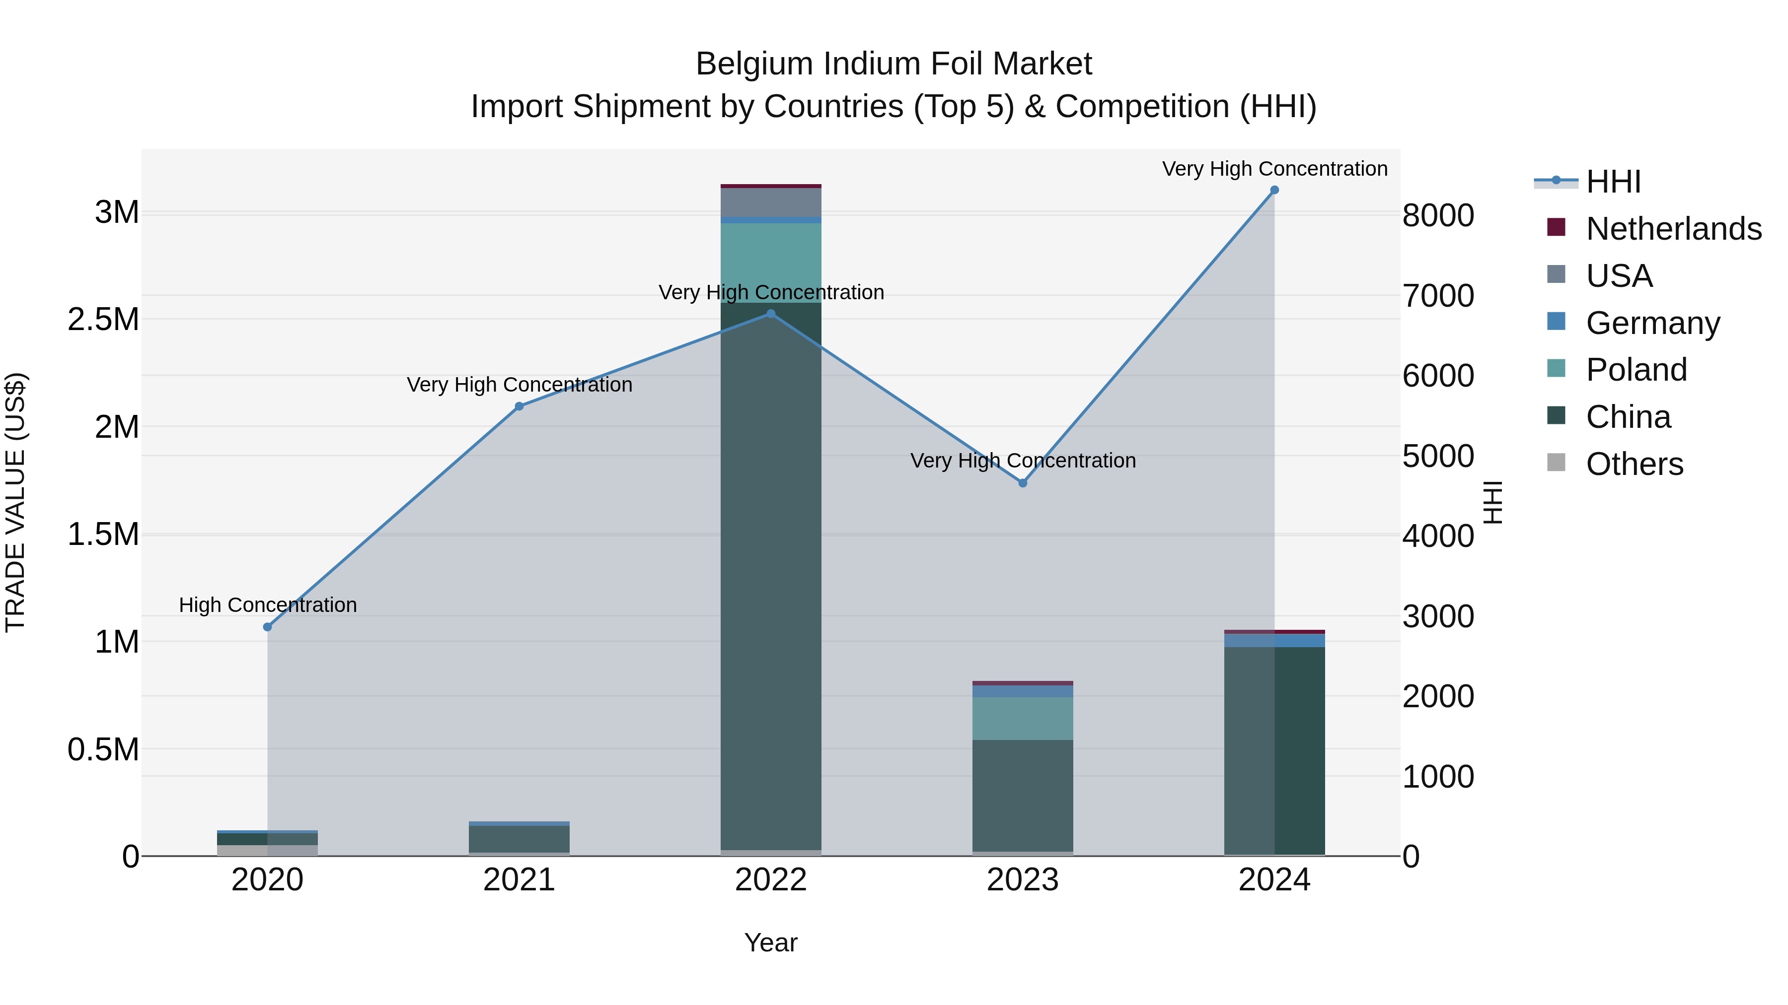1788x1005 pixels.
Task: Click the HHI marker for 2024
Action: click(x=1274, y=190)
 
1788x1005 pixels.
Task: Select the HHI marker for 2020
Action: click(x=267, y=627)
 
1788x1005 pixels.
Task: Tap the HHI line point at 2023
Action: click(x=1023, y=483)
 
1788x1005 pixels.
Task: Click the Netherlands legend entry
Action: click(x=1673, y=229)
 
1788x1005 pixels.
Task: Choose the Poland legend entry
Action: click(x=1636, y=370)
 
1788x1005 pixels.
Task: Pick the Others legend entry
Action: click(x=1634, y=464)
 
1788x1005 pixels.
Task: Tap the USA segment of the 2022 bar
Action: click(x=770, y=202)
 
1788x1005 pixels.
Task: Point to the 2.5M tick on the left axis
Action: click(x=103, y=320)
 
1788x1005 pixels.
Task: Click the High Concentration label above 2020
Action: click(x=268, y=605)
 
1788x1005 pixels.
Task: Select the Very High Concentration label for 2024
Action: click(x=1274, y=169)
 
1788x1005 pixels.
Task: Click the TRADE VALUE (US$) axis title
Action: click(x=15, y=502)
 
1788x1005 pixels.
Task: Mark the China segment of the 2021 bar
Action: click(x=519, y=839)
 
